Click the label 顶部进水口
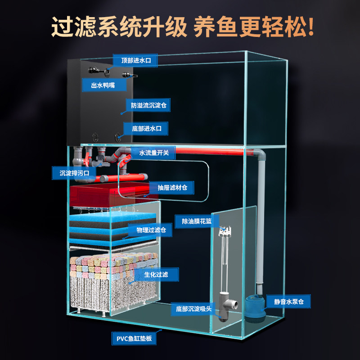pyautogui.click(x=135, y=60)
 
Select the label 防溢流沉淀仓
pyautogui.click(x=148, y=106)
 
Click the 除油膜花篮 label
pyautogui.click(x=197, y=221)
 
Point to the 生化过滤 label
pyautogui.click(x=156, y=274)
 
